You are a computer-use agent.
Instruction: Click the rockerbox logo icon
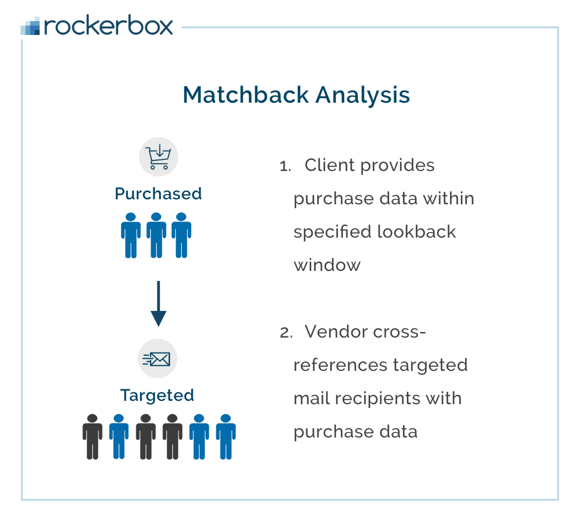coord(31,26)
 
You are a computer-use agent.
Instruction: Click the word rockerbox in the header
coord(109,26)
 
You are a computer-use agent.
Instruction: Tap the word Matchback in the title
coord(246,95)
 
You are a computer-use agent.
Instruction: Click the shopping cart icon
coord(158,157)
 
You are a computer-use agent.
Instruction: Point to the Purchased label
coord(158,194)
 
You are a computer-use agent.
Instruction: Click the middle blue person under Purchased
coord(156,235)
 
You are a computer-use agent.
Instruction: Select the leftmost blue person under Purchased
coord(131,235)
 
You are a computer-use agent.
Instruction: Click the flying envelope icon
coord(157,359)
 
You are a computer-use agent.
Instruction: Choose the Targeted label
coord(157,395)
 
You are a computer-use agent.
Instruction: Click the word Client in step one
coord(331,165)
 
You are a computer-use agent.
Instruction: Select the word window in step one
coord(327,265)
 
